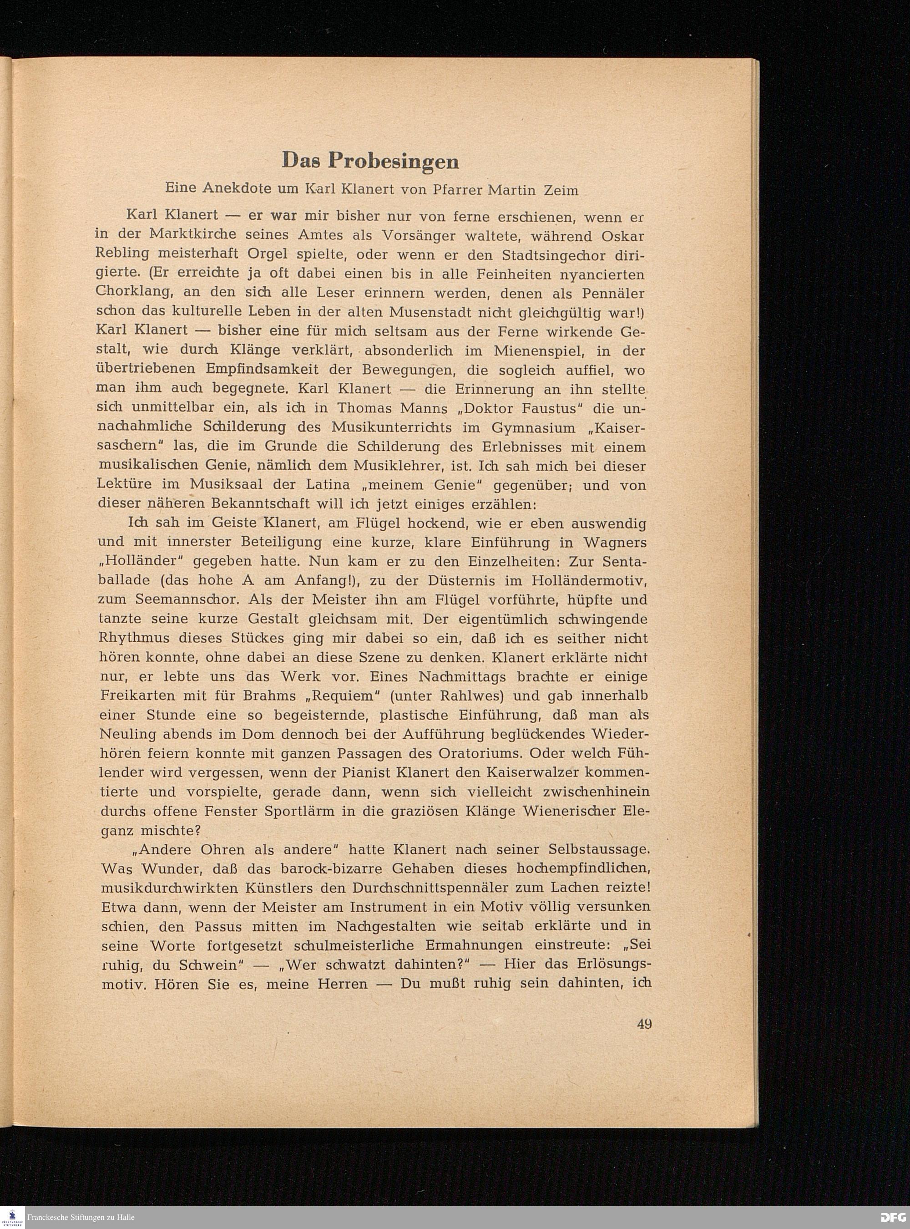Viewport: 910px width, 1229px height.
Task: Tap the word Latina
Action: pyautogui.click(x=330, y=485)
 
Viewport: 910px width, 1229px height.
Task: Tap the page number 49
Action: pyautogui.click(x=644, y=1023)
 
